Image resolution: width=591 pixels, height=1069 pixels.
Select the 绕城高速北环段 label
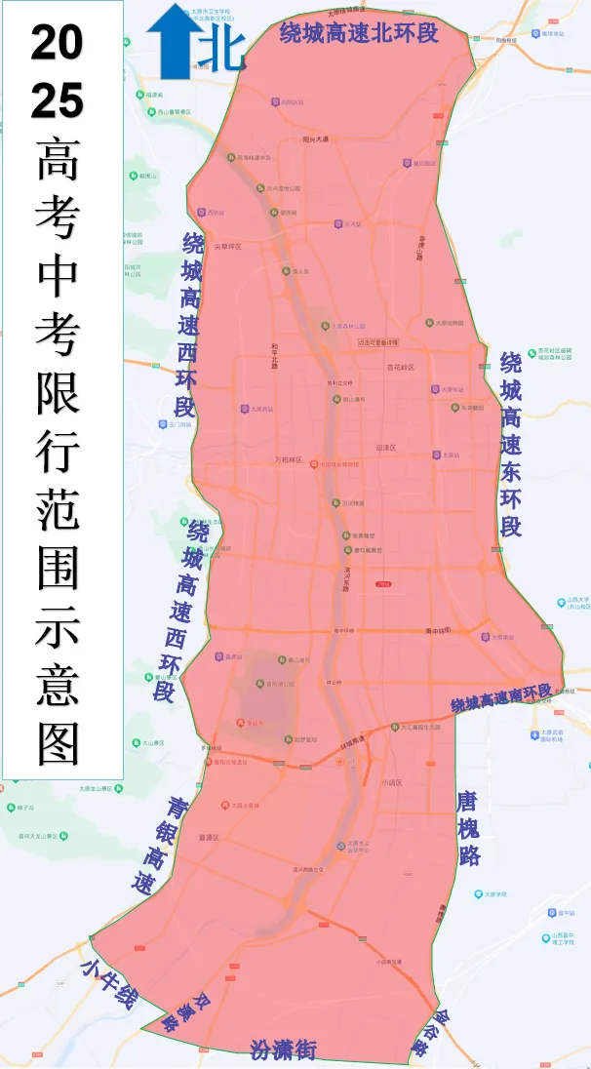[358, 33]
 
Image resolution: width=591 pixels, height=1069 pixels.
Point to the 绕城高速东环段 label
[511, 445]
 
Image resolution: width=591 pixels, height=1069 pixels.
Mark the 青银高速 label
[161, 846]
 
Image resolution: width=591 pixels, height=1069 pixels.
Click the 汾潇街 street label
[284, 1049]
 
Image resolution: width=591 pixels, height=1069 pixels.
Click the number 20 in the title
[57, 43]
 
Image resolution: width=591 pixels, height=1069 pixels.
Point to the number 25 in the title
[57, 99]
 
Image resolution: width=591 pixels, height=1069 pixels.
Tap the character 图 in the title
[59, 743]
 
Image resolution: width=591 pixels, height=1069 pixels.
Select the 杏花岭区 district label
[400, 368]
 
